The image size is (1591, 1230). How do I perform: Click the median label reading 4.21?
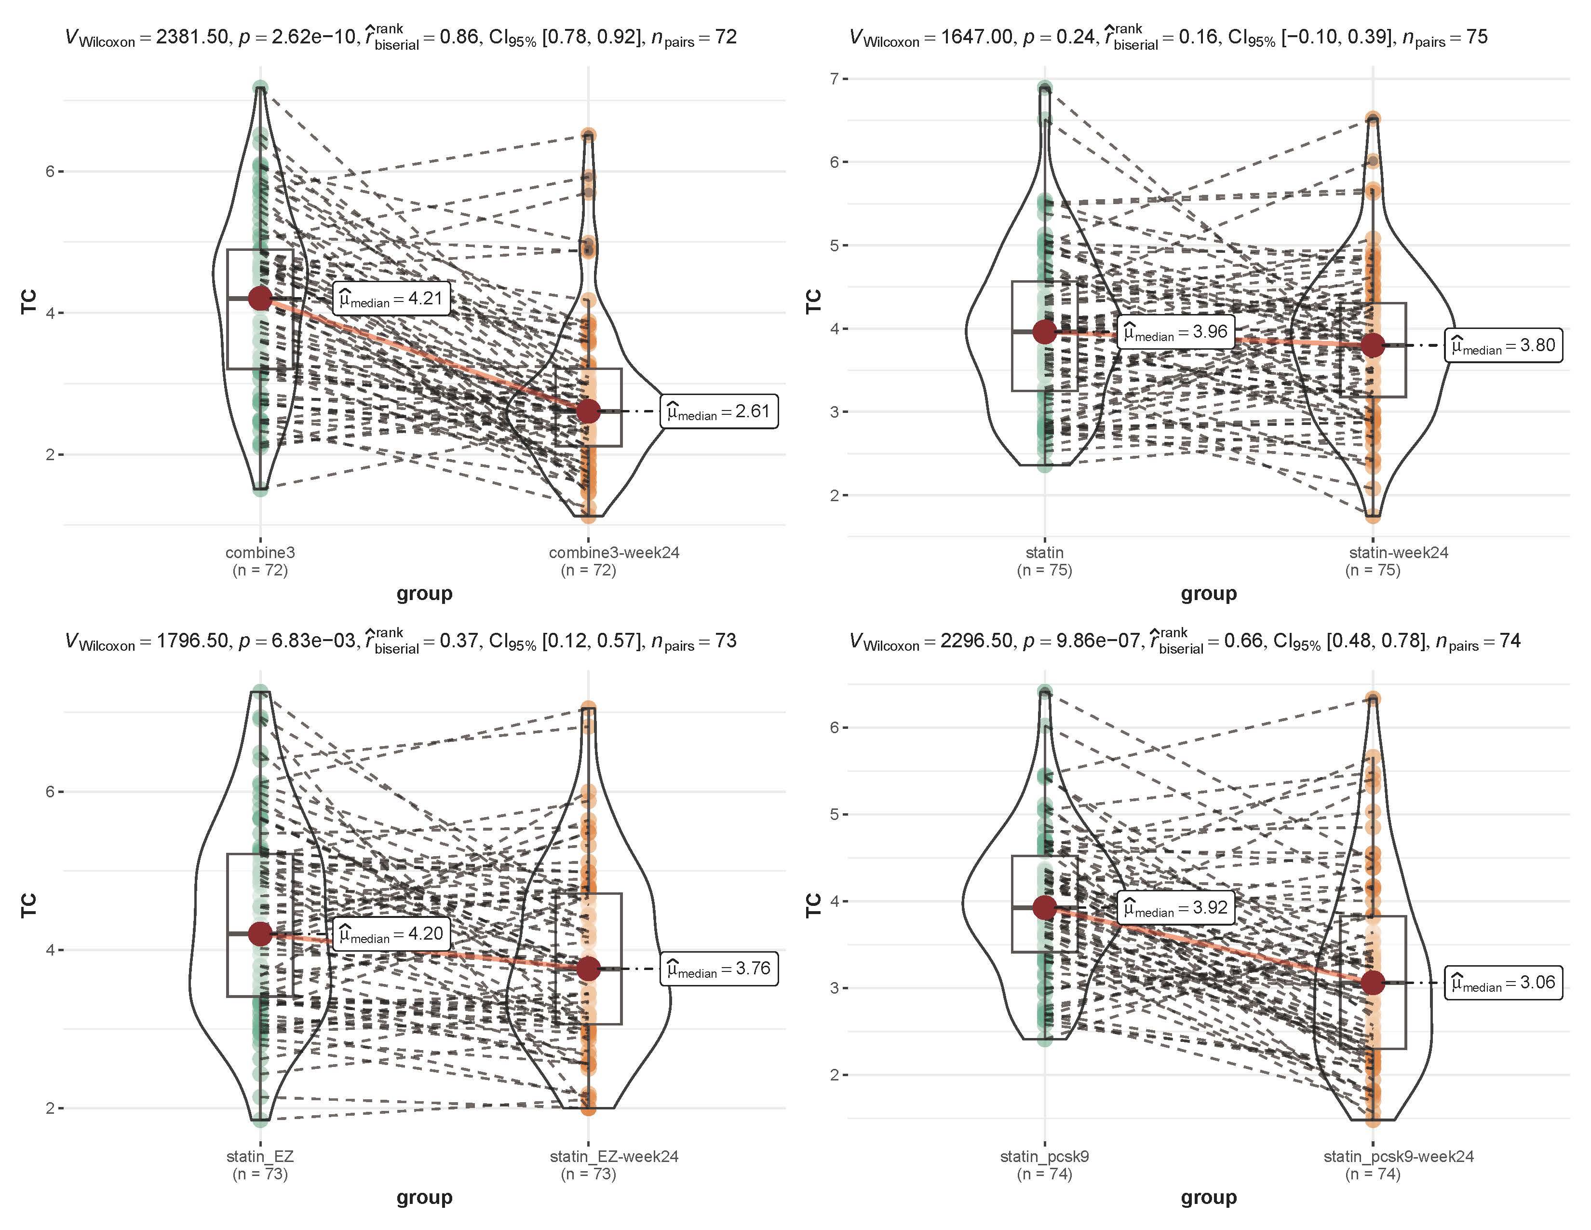pyautogui.click(x=391, y=299)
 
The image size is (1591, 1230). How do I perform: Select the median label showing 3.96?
pyautogui.click(x=1176, y=332)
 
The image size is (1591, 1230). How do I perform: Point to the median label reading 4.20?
pyautogui.click(x=391, y=933)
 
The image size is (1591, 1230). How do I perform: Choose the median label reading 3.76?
pyautogui.click(x=719, y=969)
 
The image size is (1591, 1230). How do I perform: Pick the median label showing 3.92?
pyautogui.click(x=1176, y=908)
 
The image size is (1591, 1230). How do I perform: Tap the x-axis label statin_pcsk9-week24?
pyautogui.click(x=1398, y=1156)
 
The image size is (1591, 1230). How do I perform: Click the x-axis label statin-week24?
pyautogui.click(x=1398, y=552)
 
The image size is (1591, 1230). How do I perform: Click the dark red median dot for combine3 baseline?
pyautogui.click(x=260, y=298)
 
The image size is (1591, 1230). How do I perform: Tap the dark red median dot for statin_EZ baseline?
pyautogui.click(x=260, y=933)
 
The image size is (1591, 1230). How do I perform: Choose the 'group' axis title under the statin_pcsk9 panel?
pyautogui.click(x=1209, y=1197)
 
